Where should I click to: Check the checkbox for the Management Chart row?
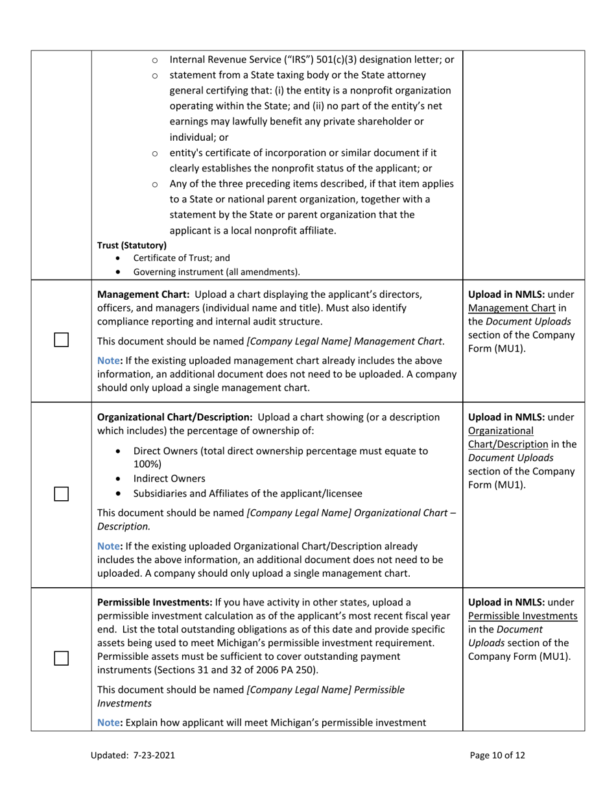pyautogui.click(x=61, y=341)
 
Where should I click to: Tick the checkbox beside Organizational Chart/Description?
pyautogui.click(x=61, y=494)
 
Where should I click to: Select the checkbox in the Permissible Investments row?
pyautogui.click(x=61, y=658)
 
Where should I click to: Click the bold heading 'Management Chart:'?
pyautogui.click(x=143, y=293)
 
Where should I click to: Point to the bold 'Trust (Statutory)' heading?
pyautogui.click(x=132, y=245)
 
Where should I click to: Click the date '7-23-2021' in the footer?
pyautogui.click(x=154, y=755)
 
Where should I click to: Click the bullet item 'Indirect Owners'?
pyautogui.click(x=169, y=479)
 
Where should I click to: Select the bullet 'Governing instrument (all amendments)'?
pyautogui.click(x=217, y=271)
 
